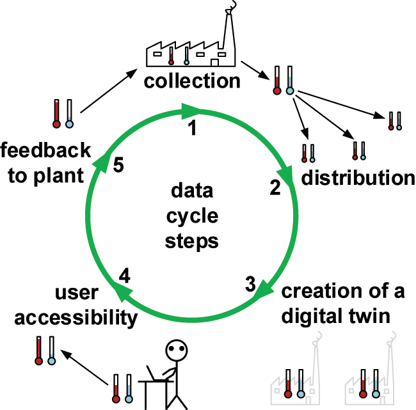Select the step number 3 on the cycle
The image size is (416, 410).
[x=250, y=283]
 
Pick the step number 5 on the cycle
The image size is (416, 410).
[x=117, y=165]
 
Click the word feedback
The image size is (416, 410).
[x=45, y=151]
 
